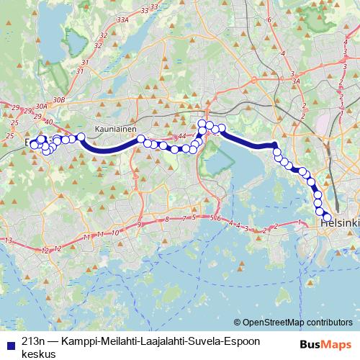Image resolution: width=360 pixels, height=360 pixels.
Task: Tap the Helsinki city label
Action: click(x=339, y=224)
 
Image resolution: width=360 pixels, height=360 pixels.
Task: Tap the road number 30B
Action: click(x=59, y=99)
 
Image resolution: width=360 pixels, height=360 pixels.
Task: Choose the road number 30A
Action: click(x=41, y=107)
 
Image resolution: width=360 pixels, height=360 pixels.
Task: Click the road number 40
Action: click(x=48, y=120)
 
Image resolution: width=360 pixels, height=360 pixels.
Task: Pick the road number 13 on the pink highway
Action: click(x=9, y=240)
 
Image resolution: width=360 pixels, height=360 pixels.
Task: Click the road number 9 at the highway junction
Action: click(x=138, y=225)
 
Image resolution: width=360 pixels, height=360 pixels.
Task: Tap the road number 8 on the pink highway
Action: click(x=167, y=219)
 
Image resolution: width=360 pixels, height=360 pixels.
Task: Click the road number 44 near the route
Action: click(x=181, y=135)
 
